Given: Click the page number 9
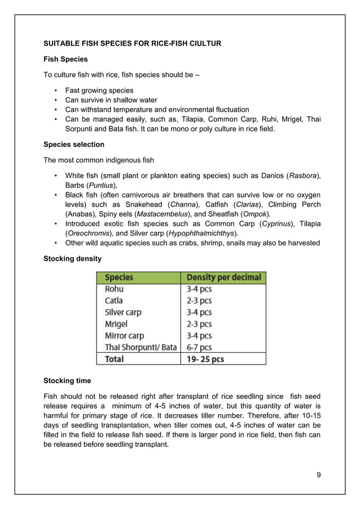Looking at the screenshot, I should (319, 474).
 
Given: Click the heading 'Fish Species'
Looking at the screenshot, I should (65, 59).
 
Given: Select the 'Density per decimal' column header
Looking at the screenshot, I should (223, 277).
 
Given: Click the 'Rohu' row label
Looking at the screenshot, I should (114, 289).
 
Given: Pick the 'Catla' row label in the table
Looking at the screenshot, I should (113, 301).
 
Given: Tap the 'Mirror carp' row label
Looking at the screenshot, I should (125, 335).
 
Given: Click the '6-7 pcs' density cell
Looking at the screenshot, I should (199, 347).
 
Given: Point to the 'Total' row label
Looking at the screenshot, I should (115, 359).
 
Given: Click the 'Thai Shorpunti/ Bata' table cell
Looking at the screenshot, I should (141, 347).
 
